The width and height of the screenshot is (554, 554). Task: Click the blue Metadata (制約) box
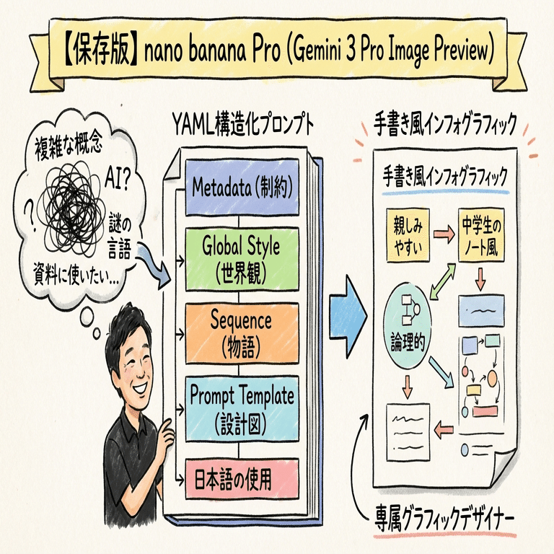(241, 188)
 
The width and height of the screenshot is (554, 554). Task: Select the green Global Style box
(241, 258)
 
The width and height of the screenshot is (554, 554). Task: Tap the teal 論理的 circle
(408, 318)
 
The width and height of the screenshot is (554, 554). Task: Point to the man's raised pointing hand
(162, 432)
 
